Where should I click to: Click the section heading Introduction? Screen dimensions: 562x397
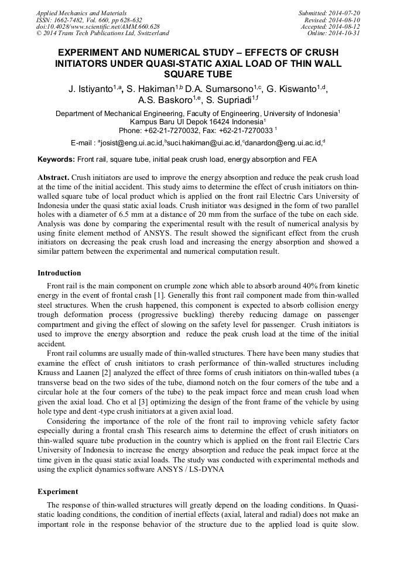[59, 273]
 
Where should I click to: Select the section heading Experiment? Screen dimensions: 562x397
[57, 491]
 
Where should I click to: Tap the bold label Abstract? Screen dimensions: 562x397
[53, 177]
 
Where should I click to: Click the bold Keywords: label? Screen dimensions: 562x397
[56, 159]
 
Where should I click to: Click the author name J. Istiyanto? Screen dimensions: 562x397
[91, 89]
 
